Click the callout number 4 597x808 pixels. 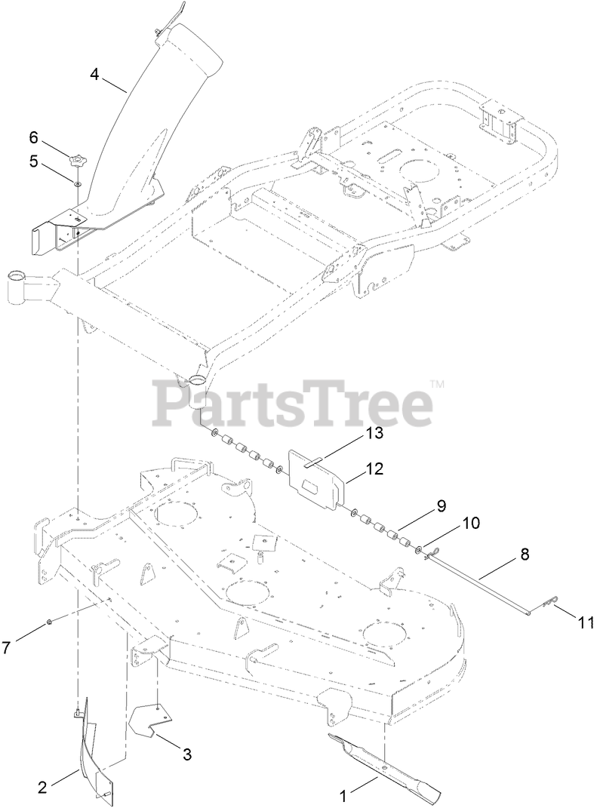click(94, 74)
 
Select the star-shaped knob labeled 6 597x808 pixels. click(76, 160)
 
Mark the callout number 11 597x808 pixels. click(586, 623)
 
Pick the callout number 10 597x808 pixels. click(470, 521)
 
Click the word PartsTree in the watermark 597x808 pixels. click(294, 404)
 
